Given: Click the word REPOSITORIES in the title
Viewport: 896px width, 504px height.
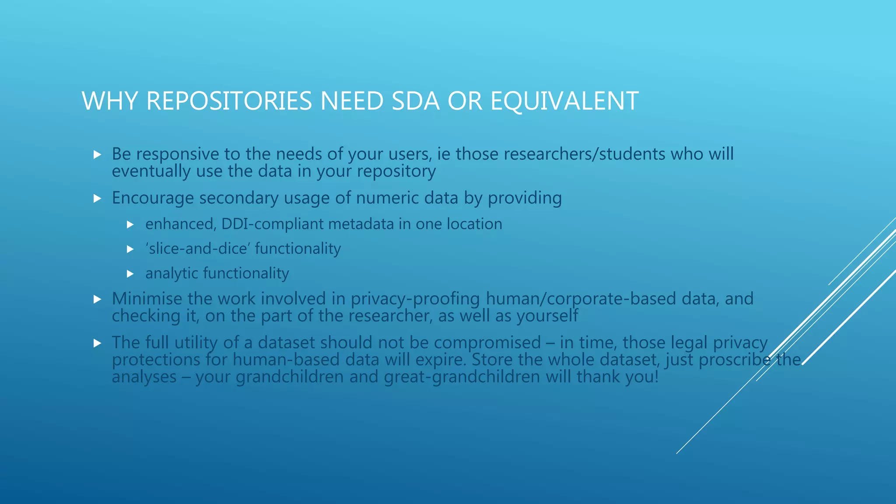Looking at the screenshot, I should tap(229, 101).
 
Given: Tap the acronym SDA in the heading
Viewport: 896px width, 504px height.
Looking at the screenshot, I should tap(415, 101).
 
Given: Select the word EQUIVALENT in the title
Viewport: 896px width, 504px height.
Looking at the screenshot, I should tap(564, 101).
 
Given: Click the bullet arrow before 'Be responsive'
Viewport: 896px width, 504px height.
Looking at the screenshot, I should tap(98, 154).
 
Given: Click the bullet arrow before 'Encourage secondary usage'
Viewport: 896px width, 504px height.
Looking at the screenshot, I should tap(98, 199).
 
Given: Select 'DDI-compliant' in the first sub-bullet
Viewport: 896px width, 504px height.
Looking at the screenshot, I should tap(272, 224).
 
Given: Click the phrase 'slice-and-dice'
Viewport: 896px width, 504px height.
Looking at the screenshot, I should tap(198, 248).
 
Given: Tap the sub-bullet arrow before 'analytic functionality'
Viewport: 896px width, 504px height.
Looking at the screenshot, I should tap(130, 274).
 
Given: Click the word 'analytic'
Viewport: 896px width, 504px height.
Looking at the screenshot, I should tap(171, 273).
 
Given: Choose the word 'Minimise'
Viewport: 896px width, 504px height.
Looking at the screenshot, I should tap(147, 299).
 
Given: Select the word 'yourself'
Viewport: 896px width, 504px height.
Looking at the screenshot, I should tap(547, 316).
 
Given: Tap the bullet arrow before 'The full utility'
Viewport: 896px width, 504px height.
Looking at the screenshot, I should tap(98, 343).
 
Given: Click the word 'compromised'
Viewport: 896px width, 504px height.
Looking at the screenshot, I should tap(487, 343).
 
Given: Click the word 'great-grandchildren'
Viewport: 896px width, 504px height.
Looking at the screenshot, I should tap(462, 377).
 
